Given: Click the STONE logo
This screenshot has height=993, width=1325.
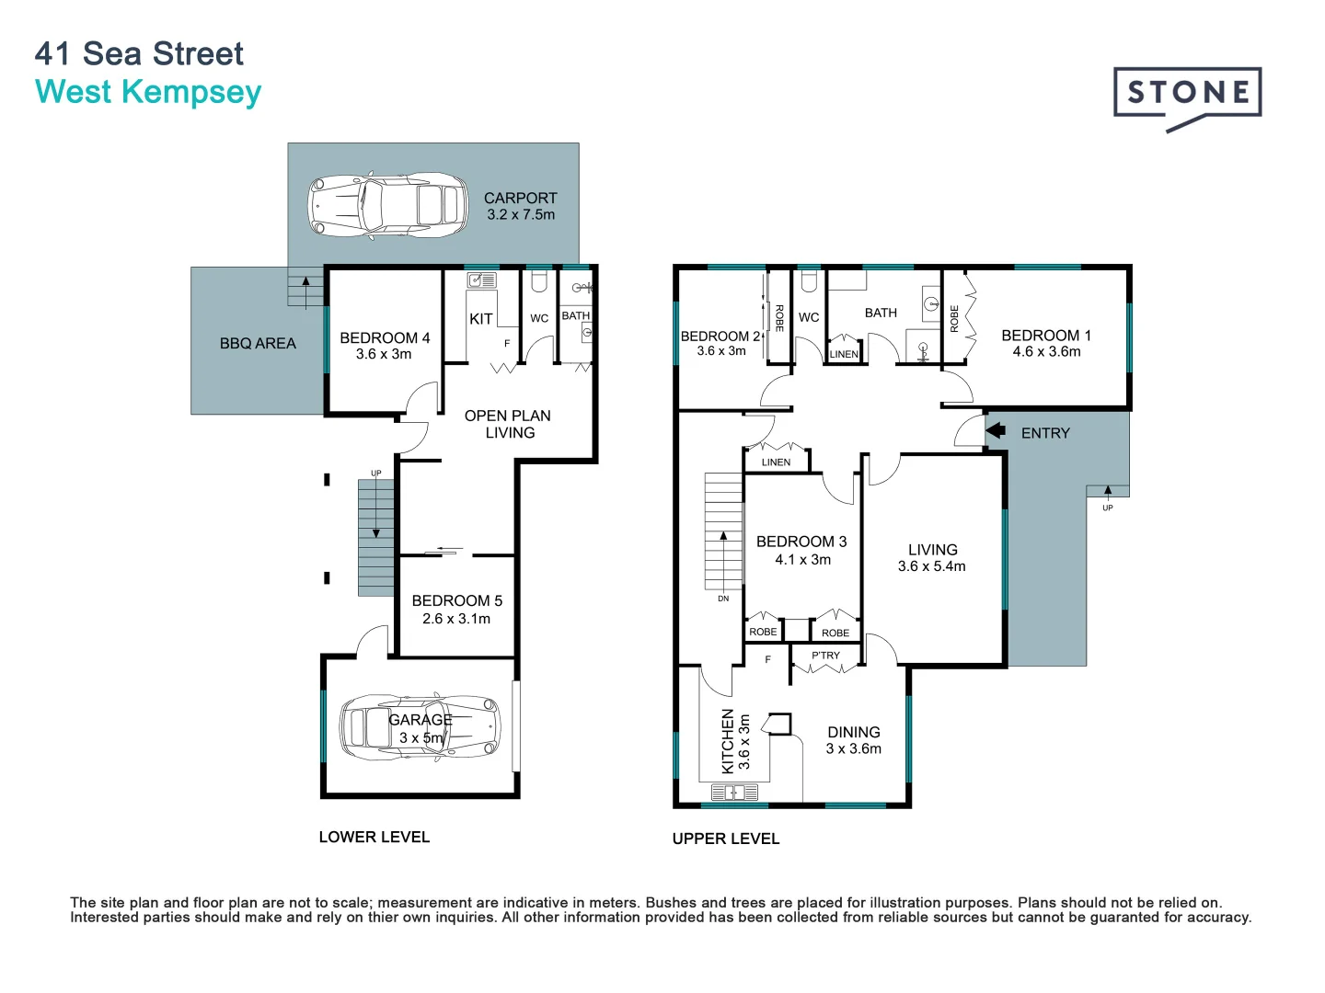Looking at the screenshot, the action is click(x=1187, y=98).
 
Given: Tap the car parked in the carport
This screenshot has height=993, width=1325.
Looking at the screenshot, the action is click(x=387, y=207).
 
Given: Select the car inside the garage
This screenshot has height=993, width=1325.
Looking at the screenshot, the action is click(x=421, y=728).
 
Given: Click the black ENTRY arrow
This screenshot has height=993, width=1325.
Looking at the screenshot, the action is click(x=996, y=430).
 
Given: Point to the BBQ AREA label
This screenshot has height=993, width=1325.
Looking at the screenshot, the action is click(x=258, y=344).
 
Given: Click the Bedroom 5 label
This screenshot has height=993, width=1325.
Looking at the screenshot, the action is click(x=457, y=600).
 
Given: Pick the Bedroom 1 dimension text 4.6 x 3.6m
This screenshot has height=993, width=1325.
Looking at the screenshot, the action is click(x=1046, y=351).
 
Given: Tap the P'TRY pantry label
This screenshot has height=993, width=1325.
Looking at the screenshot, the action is click(x=825, y=656).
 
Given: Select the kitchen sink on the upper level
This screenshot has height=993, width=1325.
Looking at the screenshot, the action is click(x=734, y=792).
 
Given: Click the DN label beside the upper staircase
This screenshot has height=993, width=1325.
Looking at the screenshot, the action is click(x=723, y=599).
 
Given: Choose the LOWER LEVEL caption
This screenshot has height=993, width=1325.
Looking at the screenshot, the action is click(x=374, y=837).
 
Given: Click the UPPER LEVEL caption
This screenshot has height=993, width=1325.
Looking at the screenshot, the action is click(x=726, y=839).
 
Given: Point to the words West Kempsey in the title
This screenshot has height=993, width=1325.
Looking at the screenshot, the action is click(x=148, y=92).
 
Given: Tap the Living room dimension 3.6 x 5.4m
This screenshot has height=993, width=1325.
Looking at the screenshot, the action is click(x=931, y=566).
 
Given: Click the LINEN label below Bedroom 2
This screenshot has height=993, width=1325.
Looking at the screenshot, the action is click(x=776, y=462).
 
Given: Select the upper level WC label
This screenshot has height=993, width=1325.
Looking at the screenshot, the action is click(x=808, y=317).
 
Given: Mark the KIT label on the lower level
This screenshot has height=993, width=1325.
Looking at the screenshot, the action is click(x=481, y=319).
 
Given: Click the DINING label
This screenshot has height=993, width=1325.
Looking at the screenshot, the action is click(x=854, y=732).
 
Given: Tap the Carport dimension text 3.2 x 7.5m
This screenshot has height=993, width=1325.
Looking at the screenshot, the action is click(x=521, y=214).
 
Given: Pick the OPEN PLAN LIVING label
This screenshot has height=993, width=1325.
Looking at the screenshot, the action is click(x=508, y=424).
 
